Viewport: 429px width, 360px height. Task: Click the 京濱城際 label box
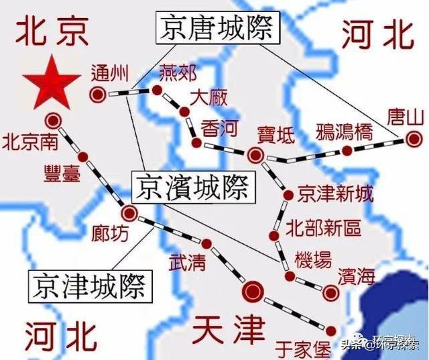click(x=190, y=187)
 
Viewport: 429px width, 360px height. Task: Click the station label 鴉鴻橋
click(x=343, y=131)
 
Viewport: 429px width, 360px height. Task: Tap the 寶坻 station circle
click(x=255, y=156)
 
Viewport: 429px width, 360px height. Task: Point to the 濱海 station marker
click(x=330, y=292)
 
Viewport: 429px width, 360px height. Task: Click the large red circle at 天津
click(x=253, y=290)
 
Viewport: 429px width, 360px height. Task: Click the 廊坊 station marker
click(x=129, y=214)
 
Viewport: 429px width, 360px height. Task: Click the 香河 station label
click(x=218, y=127)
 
